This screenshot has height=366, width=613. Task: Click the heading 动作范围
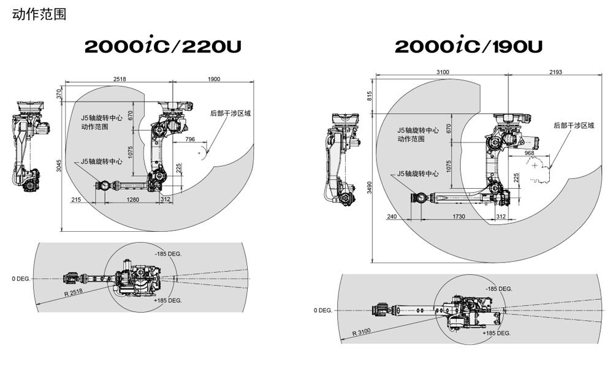point(39,13)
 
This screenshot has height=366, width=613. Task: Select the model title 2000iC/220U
point(163,47)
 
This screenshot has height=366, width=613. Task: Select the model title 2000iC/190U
point(468,47)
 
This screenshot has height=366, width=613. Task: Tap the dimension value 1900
point(214,80)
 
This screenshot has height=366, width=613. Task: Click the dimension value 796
point(189,140)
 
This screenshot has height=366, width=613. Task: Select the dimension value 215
point(77,200)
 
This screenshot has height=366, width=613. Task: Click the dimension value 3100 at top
point(443,72)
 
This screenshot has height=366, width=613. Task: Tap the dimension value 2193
point(555,72)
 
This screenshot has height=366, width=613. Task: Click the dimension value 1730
point(457,216)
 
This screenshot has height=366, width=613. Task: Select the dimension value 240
point(392,216)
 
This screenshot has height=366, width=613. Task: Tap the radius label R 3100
point(362,332)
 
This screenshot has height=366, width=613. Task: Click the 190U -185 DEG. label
point(498,289)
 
